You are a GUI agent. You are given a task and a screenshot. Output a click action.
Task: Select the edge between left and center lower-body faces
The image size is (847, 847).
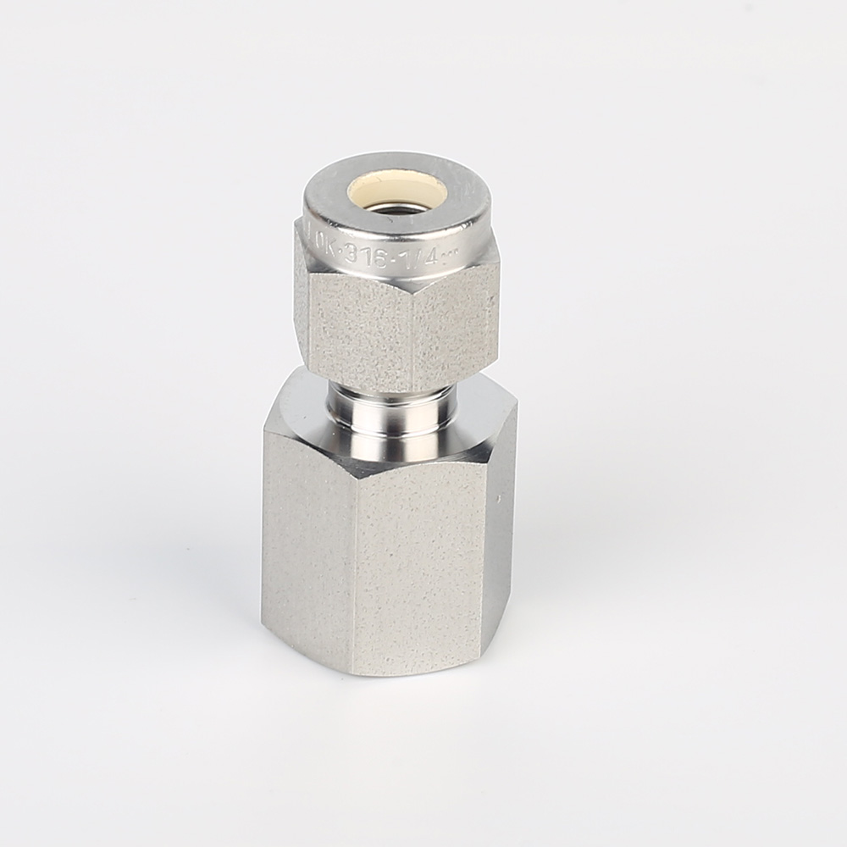pos(357,576)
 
